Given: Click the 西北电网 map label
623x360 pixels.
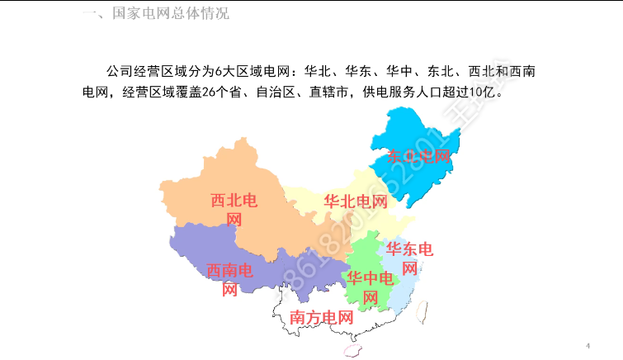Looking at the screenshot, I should (x=234, y=210).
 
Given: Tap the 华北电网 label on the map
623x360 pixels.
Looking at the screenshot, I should (x=356, y=201).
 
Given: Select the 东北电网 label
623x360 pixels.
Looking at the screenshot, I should (x=419, y=156).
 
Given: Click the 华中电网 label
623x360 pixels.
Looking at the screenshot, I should (x=370, y=287).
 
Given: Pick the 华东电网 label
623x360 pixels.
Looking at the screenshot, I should (x=409, y=258).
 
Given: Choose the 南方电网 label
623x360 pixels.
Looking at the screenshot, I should (x=321, y=317).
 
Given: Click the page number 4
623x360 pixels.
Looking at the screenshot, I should (x=588, y=344).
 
